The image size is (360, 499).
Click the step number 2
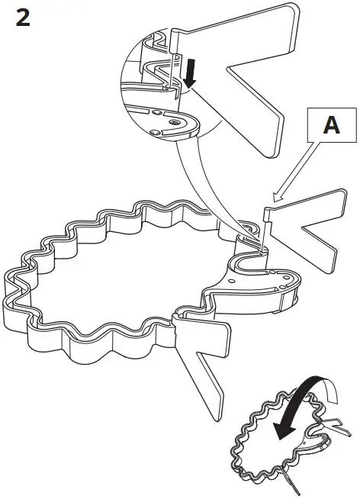pos(23,18)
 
